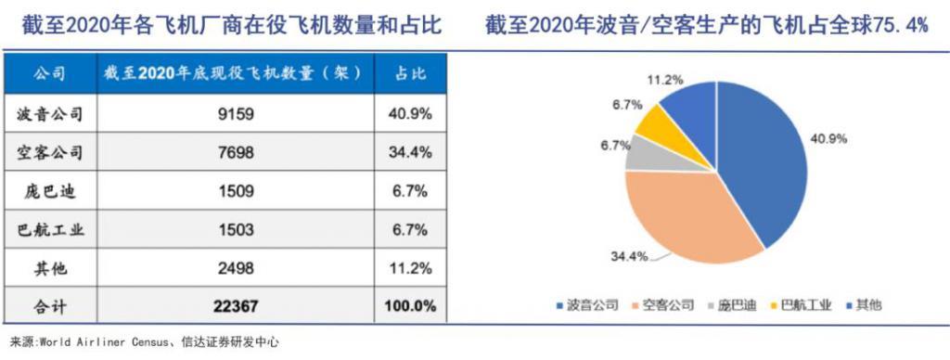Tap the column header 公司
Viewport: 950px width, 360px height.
(50, 71)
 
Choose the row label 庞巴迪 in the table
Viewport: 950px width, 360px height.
(50, 191)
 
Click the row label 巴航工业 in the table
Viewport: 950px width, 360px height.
(50, 230)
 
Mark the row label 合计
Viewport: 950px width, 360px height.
(50, 306)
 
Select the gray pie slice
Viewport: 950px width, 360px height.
(640, 153)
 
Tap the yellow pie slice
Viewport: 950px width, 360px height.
(659, 125)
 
